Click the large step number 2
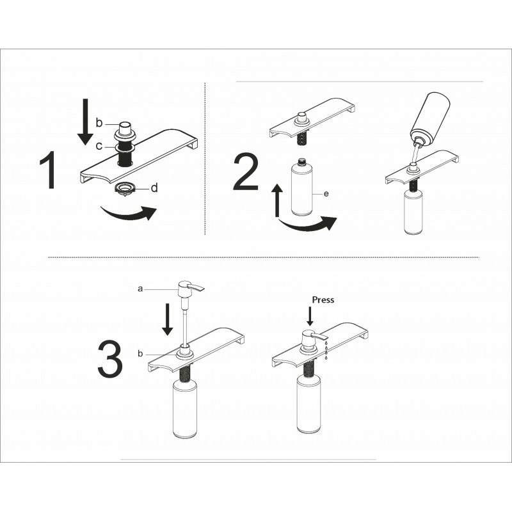pyautogui.click(x=246, y=172)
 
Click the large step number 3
pyautogui.click(x=110, y=358)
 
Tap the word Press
pyautogui.click(x=323, y=300)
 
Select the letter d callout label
pyautogui.click(x=154, y=188)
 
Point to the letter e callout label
pyautogui.click(x=326, y=194)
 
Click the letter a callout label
pyautogui.click(x=140, y=289)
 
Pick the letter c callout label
pyautogui.click(x=99, y=146)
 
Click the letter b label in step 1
pyautogui.click(x=99, y=123)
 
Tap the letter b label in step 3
pyautogui.click(x=140, y=353)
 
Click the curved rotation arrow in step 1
pyautogui.click(x=129, y=214)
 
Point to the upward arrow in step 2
pyautogui.click(x=278, y=200)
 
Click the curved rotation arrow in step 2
pyautogui.click(x=307, y=225)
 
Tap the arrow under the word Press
pyautogui.click(x=310, y=316)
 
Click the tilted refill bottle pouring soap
pyautogui.click(x=430, y=120)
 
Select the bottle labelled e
pyautogui.click(x=301, y=187)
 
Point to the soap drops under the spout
pyautogui.click(x=326, y=350)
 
